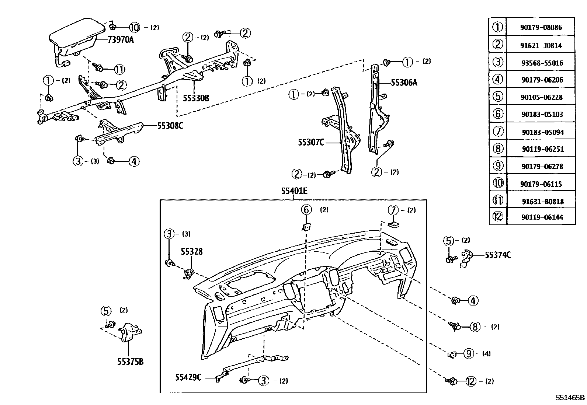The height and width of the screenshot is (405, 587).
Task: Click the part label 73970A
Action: pyautogui.click(x=121, y=40)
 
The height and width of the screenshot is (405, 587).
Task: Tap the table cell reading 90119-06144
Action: pyautogui.click(x=542, y=217)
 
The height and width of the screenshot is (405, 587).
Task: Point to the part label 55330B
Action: pyautogui.click(x=196, y=98)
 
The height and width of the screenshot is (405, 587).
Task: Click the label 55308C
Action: pyautogui.click(x=170, y=126)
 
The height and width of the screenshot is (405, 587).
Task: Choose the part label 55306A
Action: pyautogui.click(x=404, y=83)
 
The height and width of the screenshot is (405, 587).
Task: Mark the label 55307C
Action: pyautogui.click(x=311, y=142)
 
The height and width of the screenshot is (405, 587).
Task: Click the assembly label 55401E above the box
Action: pyautogui.click(x=294, y=191)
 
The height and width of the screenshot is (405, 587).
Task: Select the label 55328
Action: pyautogui.click(x=191, y=251)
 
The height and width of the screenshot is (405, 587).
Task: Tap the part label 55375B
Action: pyautogui.click(x=130, y=362)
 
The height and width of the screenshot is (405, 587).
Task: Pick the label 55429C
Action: pyautogui.click(x=188, y=377)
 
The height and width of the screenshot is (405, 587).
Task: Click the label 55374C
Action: pyautogui.click(x=498, y=255)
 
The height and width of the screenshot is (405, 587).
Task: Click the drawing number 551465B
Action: pyautogui.click(x=570, y=398)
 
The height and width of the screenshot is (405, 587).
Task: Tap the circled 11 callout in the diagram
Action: pyautogui.click(x=119, y=69)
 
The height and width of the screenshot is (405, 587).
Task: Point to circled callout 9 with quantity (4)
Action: pyautogui.click(x=468, y=354)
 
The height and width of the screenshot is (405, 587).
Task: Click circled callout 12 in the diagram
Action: pyautogui.click(x=471, y=381)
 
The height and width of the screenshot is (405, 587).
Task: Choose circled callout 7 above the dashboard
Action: pyautogui.click(x=393, y=210)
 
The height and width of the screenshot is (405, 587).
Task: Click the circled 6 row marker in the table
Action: pyautogui.click(x=498, y=114)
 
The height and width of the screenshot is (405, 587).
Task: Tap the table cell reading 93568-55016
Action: pyautogui.click(x=542, y=63)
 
